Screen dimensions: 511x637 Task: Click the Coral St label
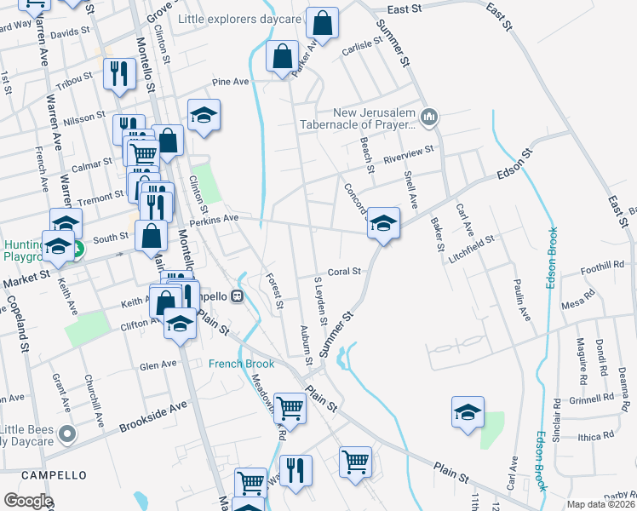[x=345, y=272]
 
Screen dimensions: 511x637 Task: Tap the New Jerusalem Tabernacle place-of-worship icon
[x=429, y=117]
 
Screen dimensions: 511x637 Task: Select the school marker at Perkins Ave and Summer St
[x=383, y=224]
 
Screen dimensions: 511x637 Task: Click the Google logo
[x=28, y=501]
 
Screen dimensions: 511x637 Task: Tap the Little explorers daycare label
[x=240, y=19]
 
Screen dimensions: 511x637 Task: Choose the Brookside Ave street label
[x=152, y=413]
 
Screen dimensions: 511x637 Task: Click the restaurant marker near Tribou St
[x=118, y=73]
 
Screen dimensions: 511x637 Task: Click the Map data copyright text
[x=601, y=504]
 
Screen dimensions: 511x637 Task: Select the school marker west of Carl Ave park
[x=467, y=414]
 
